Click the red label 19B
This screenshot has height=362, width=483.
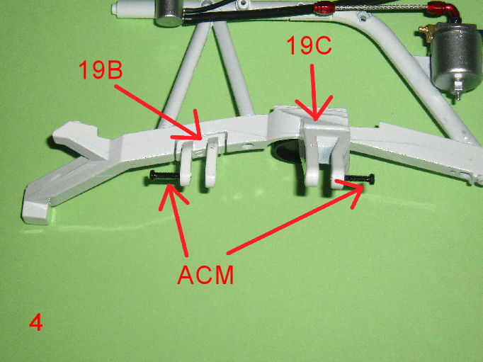[x=101, y=69]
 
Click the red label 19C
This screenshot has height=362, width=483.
[x=309, y=45]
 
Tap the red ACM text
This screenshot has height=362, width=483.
[x=205, y=274]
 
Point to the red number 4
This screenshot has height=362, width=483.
[x=35, y=322]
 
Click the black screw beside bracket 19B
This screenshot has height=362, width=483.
[x=164, y=176]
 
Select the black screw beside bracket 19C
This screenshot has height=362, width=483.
[x=360, y=179]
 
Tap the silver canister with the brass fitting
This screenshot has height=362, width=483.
[x=456, y=57]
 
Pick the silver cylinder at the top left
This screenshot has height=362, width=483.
[x=169, y=12]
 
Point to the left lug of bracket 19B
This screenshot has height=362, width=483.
[x=185, y=164]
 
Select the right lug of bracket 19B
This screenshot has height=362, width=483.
[x=212, y=162]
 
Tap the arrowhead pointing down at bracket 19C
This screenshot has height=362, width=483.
[x=314, y=108]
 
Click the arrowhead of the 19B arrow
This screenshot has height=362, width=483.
[x=189, y=129]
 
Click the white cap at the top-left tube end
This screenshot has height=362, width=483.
[x=118, y=7]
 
